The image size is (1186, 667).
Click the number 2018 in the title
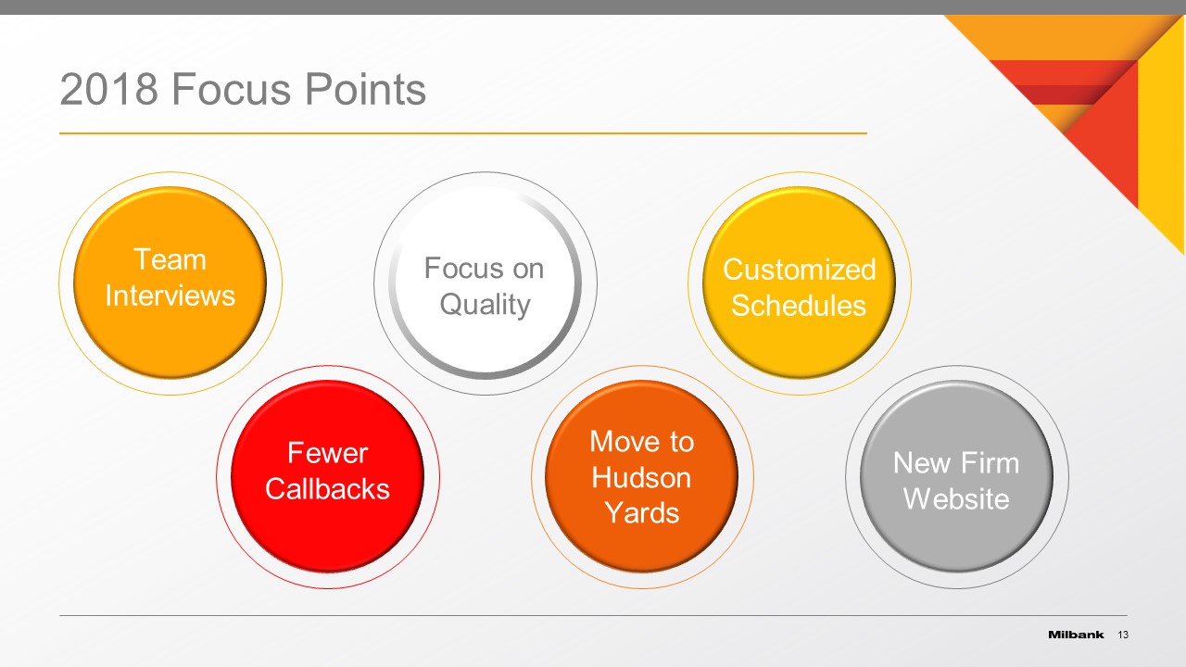(x=108, y=89)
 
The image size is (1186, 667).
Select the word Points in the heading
(x=365, y=89)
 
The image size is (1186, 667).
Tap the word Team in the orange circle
(x=170, y=259)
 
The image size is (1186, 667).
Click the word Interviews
(x=170, y=295)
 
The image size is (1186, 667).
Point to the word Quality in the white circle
(x=485, y=305)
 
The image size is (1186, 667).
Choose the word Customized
(x=800, y=270)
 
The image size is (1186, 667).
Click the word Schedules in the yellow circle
(x=799, y=306)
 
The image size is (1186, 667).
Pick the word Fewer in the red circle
(x=327, y=453)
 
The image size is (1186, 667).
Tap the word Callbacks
(x=327, y=488)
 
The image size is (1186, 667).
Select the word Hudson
(x=641, y=477)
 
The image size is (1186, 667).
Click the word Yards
(x=642, y=513)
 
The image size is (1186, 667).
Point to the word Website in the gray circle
(x=956, y=498)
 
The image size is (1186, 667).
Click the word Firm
(x=989, y=463)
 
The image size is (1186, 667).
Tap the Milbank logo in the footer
(x=1076, y=635)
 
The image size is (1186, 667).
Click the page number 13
(x=1123, y=635)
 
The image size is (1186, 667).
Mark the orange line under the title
(x=463, y=133)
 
